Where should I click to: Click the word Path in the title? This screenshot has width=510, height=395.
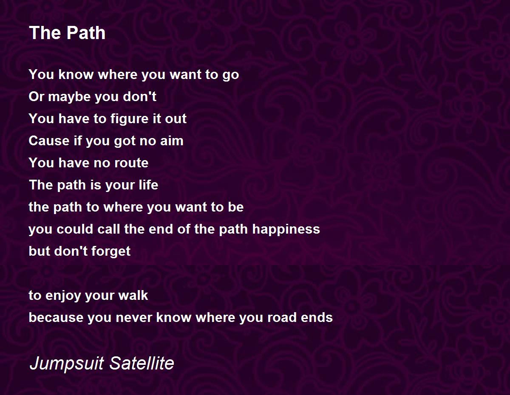point(86,33)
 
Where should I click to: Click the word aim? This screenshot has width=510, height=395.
point(172,141)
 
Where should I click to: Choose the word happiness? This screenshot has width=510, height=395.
point(286,229)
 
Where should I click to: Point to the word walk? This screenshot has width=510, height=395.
point(133,295)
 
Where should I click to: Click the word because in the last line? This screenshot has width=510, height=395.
point(56,318)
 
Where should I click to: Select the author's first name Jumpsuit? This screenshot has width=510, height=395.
point(67,363)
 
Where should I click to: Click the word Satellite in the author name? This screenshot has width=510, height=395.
point(142,363)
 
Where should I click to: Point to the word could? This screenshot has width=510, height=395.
point(75,229)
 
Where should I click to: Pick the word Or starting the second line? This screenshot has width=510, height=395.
point(36,97)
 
